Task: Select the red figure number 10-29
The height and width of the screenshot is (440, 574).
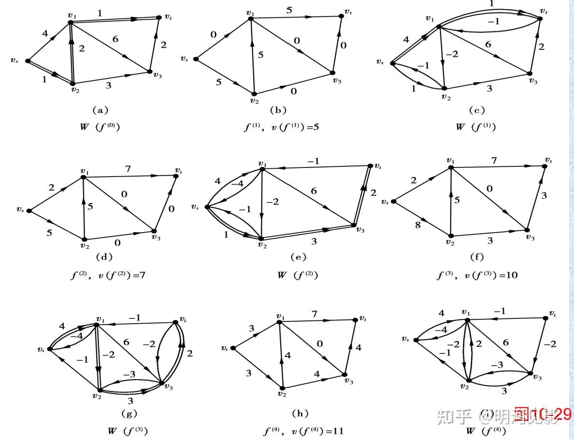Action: tap(542, 414)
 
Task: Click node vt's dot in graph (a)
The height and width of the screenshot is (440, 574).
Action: tap(160, 17)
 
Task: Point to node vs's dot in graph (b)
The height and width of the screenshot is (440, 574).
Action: tap(196, 59)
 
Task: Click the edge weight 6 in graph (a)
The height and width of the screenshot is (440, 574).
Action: tap(115, 40)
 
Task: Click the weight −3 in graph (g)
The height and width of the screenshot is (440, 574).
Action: tap(130, 374)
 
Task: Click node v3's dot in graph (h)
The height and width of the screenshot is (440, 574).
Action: tap(344, 374)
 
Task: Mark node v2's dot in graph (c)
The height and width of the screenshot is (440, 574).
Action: tap(444, 89)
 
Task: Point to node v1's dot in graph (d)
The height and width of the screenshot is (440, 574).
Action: tap(83, 178)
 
